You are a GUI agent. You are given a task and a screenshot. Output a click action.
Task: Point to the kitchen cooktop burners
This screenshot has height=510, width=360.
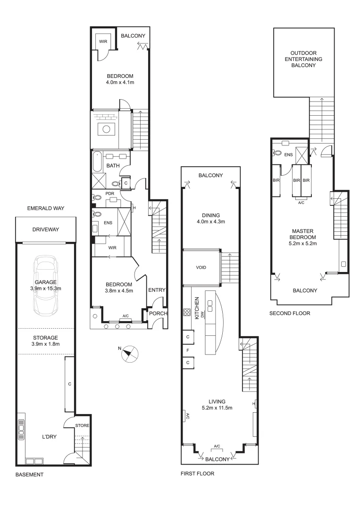(x=186, y=312)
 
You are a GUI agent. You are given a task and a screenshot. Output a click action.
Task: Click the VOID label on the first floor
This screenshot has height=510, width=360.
(x=201, y=267)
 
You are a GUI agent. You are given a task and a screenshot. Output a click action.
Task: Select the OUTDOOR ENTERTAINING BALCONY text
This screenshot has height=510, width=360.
(x=306, y=59)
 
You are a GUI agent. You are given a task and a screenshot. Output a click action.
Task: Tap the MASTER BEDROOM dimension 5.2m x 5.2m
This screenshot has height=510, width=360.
(x=302, y=244)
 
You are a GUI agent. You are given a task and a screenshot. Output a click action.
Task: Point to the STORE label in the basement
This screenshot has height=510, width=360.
(x=82, y=425)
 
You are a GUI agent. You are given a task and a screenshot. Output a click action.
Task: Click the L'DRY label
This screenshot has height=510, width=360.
(x=49, y=437)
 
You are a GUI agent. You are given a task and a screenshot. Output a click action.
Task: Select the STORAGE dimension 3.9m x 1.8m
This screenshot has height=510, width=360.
(x=45, y=344)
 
